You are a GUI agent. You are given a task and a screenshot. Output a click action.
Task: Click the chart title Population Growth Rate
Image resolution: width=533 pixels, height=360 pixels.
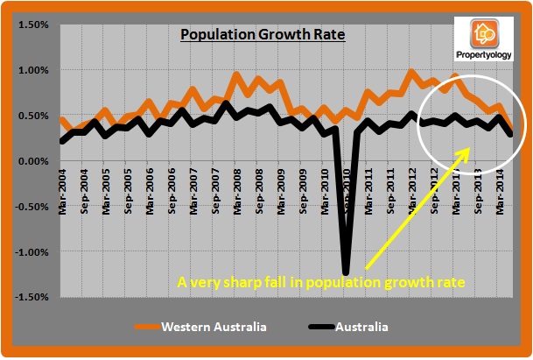coord(263,36)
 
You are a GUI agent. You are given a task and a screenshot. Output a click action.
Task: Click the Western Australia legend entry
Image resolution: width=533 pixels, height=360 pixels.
coord(214,327)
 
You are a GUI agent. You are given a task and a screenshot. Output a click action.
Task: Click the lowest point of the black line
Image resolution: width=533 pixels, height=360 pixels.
coord(347,272)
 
